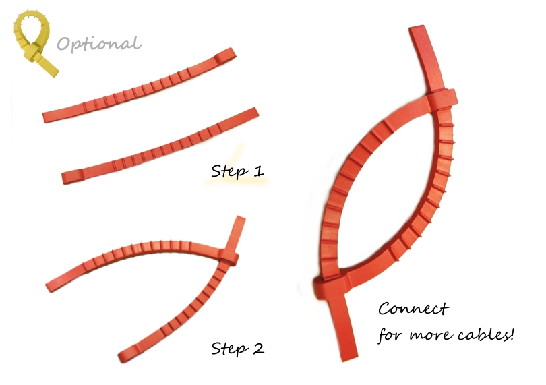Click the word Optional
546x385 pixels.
99,45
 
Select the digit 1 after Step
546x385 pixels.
259,171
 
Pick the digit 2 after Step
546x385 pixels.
258,348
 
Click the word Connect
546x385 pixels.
414,309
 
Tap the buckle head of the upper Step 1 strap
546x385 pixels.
226,56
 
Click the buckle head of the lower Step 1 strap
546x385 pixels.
72,177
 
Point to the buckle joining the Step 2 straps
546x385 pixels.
229,258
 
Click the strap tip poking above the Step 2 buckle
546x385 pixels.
237,233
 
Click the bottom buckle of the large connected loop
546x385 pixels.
331,285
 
